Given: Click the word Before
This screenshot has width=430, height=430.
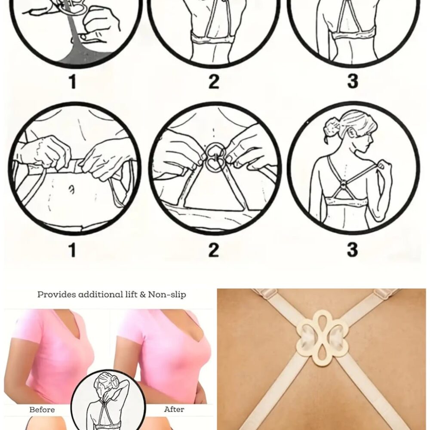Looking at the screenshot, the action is (42, 410).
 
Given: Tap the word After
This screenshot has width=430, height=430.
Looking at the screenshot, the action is (174, 409).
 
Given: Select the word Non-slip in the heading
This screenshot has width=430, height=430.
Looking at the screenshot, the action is (167, 295).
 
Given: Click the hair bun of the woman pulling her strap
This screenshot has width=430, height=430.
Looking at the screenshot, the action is (332, 128).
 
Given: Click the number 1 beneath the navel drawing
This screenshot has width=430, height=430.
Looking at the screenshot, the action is (72, 250).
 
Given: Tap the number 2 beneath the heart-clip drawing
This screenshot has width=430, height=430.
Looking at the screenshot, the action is (214, 250).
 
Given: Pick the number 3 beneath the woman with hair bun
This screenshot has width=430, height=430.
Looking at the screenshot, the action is (353, 250).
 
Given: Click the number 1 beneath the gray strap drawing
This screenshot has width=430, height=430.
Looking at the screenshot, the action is (72, 81).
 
